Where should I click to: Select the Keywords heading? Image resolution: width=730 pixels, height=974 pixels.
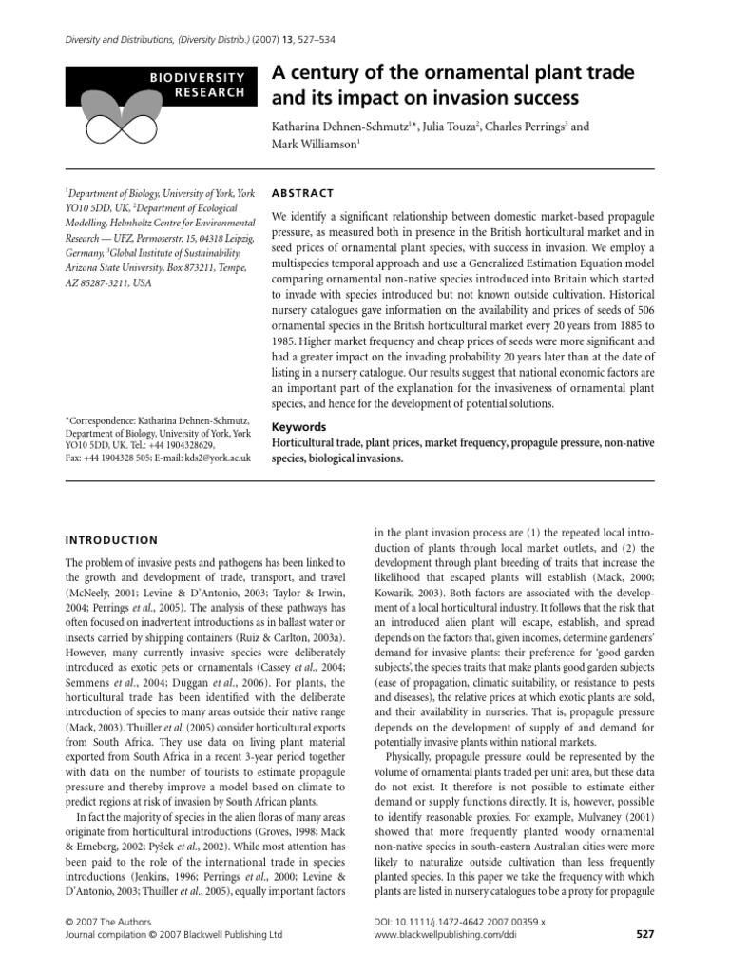click(299, 427)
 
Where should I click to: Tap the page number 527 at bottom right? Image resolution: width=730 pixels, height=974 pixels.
click(644, 935)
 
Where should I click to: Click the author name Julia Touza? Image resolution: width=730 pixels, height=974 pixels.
click(448, 127)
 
